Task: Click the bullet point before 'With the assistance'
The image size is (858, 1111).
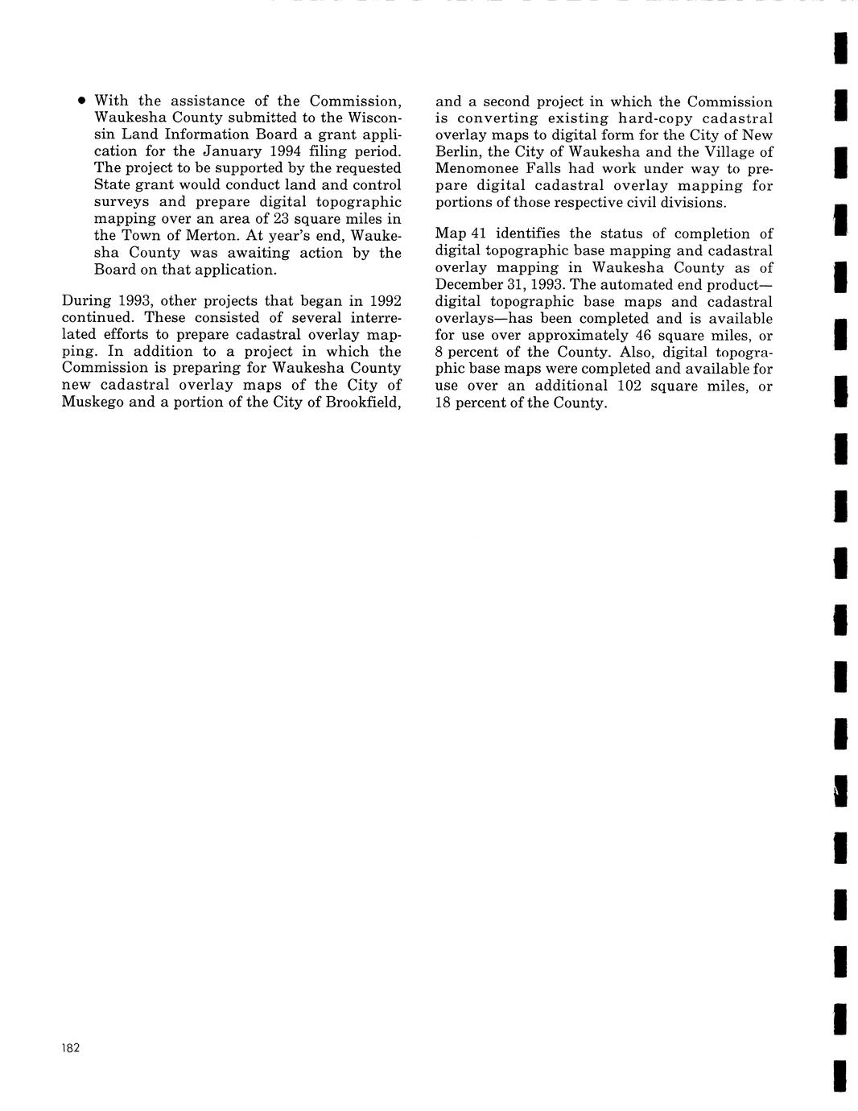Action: click(81, 101)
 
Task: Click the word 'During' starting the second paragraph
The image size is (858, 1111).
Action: click(85, 301)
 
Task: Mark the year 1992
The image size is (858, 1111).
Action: click(383, 301)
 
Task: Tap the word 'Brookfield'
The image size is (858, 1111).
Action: click(363, 402)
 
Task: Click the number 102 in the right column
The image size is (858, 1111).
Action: click(629, 386)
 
